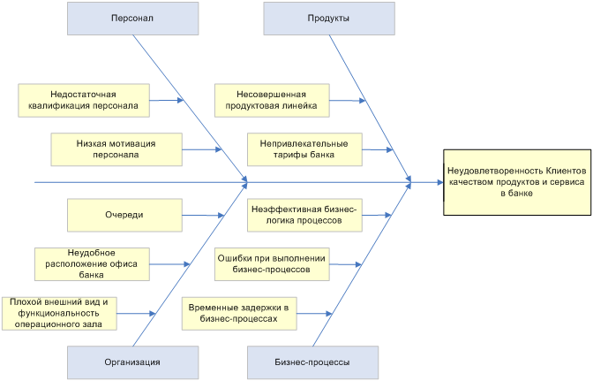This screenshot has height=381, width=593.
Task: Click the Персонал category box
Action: (x=131, y=18)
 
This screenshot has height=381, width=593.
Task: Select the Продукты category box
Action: (x=328, y=18)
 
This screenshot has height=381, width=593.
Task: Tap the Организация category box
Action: (x=131, y=362)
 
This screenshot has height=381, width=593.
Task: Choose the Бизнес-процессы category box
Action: (x=312, y=362)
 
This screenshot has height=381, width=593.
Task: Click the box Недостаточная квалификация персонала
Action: (x=83, y=101)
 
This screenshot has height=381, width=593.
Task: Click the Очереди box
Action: (x=124, y=215)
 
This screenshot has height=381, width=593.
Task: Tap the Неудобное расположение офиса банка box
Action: (x=92, y=263)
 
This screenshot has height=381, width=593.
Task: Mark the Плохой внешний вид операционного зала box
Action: (x=58, y=313)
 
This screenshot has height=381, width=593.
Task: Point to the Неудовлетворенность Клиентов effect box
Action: (x=516, y=182)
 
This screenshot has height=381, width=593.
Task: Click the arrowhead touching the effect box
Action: (x=439, y=182)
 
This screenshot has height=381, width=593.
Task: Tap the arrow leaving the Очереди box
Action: (x=201, y=215)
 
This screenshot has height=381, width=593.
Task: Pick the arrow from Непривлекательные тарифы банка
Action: (x=374, y=150)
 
